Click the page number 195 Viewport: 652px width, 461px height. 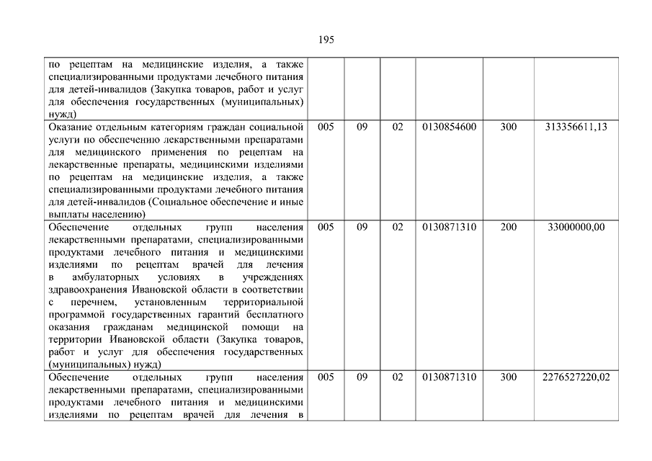pos(326,40)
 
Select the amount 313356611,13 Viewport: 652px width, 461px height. pos(576,127)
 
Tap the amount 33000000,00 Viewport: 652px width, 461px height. pos(576,227)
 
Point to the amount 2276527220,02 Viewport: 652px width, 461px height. pos(576,377)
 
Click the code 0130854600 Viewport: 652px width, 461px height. pos(449,127)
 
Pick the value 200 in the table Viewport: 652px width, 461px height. pos(509,227)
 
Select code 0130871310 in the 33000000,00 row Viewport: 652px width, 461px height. pos(449,227)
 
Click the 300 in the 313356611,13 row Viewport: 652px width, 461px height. pos(509,127)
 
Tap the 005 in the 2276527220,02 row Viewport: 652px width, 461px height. pos(326,377)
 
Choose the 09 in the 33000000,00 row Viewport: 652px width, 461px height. pos(362,227)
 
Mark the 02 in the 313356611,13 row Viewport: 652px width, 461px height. pos(398,127)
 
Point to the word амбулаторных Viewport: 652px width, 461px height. pos(99,277)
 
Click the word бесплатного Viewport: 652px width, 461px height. pos(275,315)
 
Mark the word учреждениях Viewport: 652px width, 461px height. pos(273,277)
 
